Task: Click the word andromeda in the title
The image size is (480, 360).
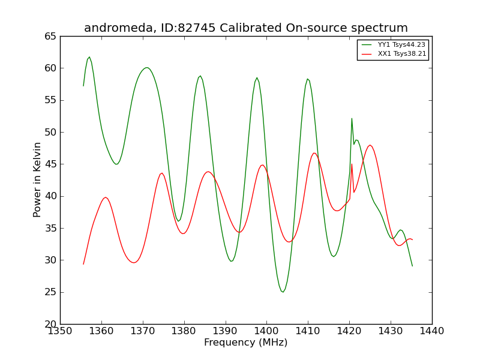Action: pos(118,28)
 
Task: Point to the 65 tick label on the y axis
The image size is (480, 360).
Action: pos(50,37)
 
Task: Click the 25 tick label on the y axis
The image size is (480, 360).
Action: pos(50,292)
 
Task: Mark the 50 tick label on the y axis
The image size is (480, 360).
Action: pos(50,132)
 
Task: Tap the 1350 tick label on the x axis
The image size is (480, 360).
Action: pos(61,331)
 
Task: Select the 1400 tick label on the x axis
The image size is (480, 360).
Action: pos(266,331)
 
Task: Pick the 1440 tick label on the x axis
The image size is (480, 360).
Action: pos(432,331)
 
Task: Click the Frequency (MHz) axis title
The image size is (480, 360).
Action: pos(246,342)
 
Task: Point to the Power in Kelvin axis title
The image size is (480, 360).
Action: pos(37,179)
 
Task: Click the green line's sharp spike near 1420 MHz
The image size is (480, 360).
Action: pos(352,118)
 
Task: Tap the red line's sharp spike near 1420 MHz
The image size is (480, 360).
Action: pos(352,164)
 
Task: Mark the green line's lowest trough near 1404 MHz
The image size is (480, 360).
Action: pos(283,292)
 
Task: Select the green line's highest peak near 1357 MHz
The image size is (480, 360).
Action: pos(89,57)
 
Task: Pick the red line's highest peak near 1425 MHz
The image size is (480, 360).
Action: pos(370,145)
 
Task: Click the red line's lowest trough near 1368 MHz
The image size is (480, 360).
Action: pos(134,262)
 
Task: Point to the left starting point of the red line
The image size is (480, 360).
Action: pos(83,264)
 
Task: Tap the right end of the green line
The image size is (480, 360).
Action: pos(412,266)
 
